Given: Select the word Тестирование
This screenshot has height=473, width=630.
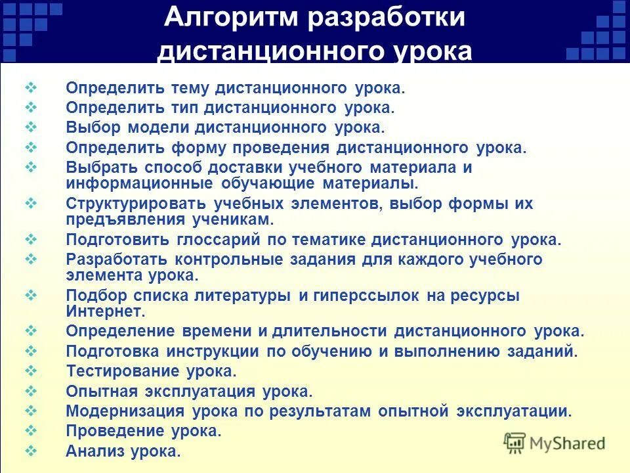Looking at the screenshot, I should click(123, 371).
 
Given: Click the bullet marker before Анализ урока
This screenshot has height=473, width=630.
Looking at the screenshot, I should click(31, 451).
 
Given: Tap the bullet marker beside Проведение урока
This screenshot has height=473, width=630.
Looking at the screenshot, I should click(31, 431).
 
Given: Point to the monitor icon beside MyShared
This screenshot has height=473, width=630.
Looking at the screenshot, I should click(515, 443).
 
